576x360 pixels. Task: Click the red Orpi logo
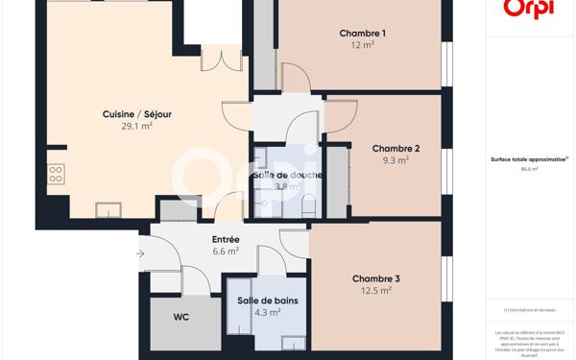click(x=529, y=9)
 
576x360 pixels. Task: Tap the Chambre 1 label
click(x=362, y=34)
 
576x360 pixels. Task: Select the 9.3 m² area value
click(x=396, y=161)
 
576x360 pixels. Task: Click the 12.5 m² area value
click(x=375, y=291)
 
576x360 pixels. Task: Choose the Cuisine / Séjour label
click(x=137, y=114)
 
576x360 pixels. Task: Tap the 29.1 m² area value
click(x=137, y=126)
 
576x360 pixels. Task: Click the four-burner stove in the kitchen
click(x=56, y=174)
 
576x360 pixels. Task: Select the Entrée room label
click(x=226, y=239)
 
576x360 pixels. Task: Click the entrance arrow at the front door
click(x=140, y=253)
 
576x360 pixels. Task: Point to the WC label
click(x=181, y=316)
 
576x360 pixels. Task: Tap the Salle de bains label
click(x=268, y=300)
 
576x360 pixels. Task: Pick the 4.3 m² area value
click(x=268, y=312)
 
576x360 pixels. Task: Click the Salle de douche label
click(x=287, y=175)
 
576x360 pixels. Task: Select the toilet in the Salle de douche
click(x=307, y=205)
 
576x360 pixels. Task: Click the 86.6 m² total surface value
click(x=530, y=168)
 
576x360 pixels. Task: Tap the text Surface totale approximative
click(x=529, y=158)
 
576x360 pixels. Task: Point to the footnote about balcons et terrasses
click(x=530, y=309)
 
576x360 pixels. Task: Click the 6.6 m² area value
click(x=226, y=251)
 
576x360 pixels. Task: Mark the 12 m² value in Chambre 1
click(x=362, y=45)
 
